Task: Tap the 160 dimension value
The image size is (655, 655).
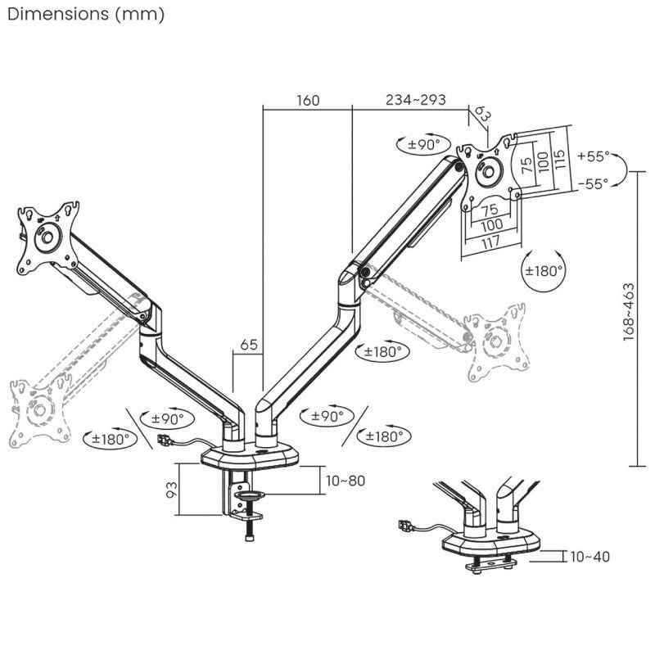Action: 308,101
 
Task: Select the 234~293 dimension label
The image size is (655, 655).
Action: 416,101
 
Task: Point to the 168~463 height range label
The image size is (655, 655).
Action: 629,312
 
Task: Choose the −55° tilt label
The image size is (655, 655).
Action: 593,185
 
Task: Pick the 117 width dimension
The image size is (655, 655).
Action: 491,242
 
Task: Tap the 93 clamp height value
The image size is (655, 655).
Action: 171,490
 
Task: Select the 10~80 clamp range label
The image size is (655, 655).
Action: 345,481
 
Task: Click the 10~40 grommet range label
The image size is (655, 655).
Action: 589,557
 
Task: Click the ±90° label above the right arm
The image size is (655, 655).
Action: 424,145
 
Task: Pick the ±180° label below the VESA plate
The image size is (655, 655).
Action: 544,270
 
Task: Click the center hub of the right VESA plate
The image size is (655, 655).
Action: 489,171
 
